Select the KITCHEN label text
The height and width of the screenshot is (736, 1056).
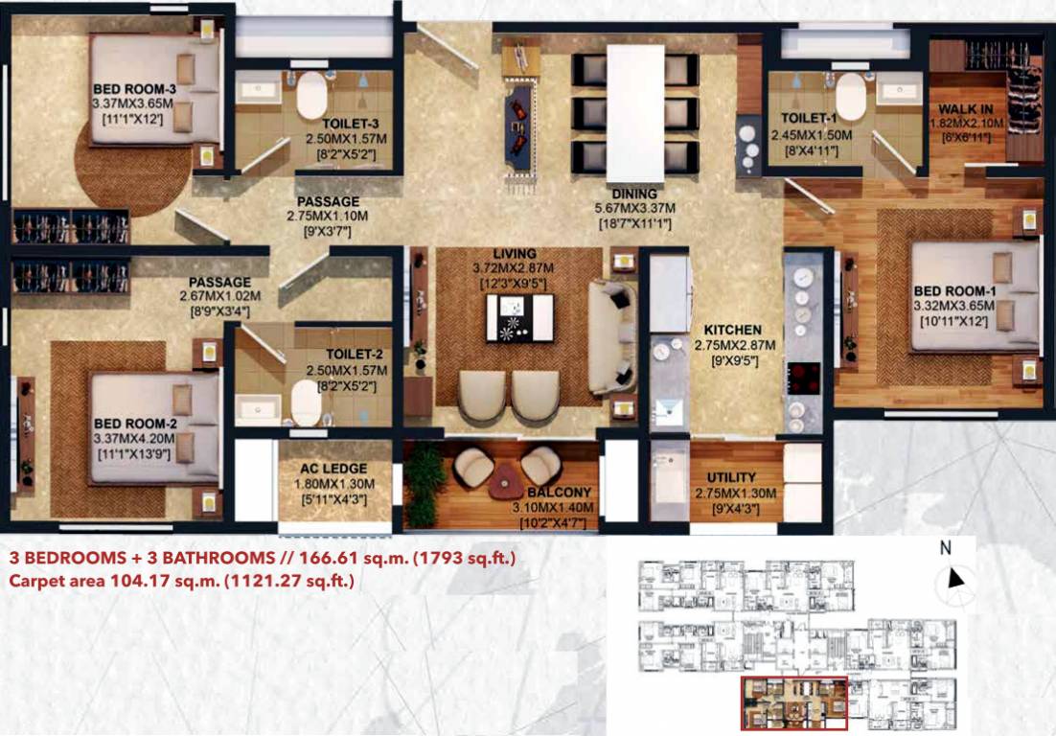pyautogui.click(x=731, y=330)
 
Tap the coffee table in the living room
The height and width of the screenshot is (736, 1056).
pyautogui.click(x=518, y=317)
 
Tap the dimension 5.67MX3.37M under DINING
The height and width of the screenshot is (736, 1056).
pyautogui.click(x=634, y=209)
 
